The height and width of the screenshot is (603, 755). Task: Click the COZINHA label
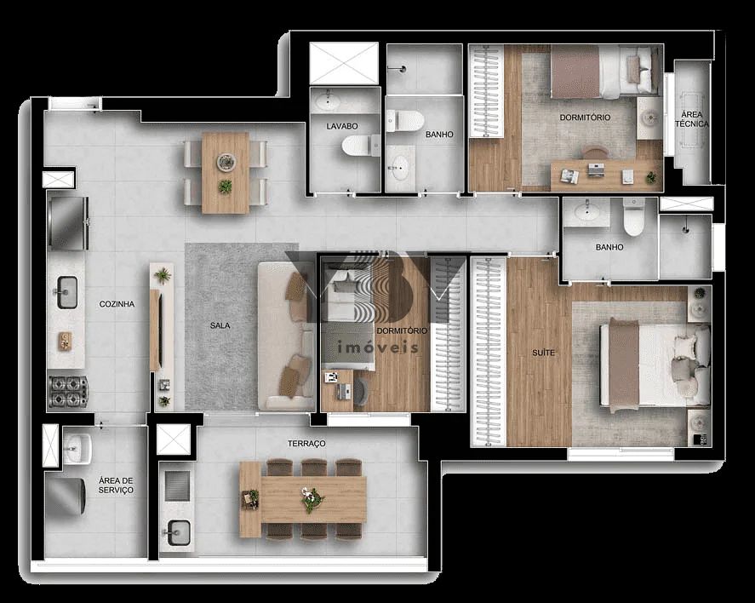coord(117,304)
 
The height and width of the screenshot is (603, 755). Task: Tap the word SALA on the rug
coord(220,325)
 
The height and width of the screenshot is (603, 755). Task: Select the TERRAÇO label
coord(306,444)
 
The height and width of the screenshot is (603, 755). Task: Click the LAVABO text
coord(341,126)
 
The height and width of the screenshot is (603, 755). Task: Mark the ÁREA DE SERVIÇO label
coord(116,485)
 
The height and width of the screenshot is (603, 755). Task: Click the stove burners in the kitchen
coord(66,391)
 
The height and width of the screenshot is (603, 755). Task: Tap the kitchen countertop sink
coord(66,292)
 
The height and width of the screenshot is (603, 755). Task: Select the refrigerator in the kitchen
coord(67,222)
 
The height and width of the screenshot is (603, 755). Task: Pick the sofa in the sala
coord(285,336)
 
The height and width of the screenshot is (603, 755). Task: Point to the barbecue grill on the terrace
coord(176,486)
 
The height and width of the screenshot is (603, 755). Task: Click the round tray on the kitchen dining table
coord(226,161)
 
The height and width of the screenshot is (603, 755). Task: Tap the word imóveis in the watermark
coord(379,347)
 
